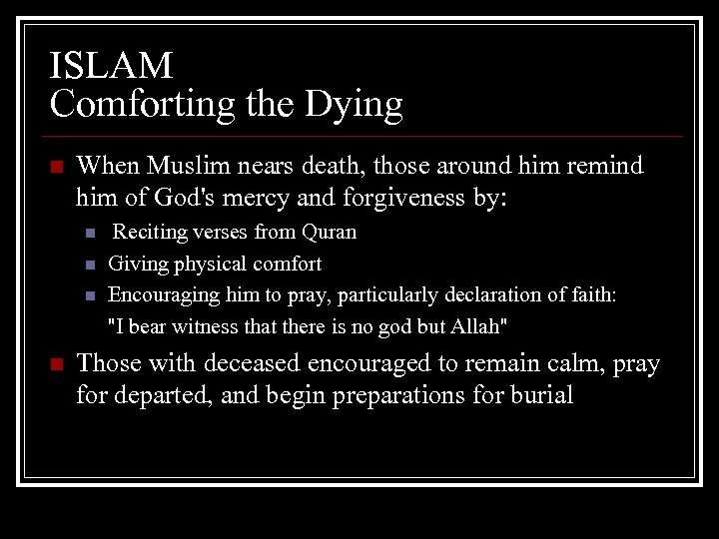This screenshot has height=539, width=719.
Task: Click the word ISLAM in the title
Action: pos(111,66)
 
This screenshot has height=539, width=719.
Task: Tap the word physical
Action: pos(207,265)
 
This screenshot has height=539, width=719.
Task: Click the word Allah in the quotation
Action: pos(479,326)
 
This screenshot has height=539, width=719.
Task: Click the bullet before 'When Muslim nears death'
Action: pos(56,166)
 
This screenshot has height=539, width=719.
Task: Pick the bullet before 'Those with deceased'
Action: pos(56,365)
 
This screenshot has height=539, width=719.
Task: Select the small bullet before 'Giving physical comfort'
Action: pos(90,266)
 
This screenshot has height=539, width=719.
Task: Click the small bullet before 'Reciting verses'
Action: pos(90,234)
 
